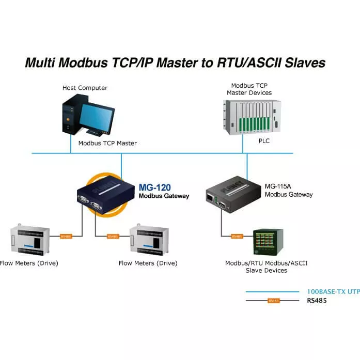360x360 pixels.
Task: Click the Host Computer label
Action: click(85, 88)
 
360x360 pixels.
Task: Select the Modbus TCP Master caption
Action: click(107, 143)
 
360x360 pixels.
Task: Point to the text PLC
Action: click(264, 140)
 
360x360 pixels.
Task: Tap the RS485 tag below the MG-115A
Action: click(237, 236)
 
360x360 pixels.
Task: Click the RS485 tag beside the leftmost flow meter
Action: click(66, 236)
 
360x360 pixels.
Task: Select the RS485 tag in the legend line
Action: click(273, 300)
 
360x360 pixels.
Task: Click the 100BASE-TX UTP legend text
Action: click(333, 292)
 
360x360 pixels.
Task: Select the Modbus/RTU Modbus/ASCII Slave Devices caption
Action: click(266, 267)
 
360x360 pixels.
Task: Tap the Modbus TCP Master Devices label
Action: click(249, 89)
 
